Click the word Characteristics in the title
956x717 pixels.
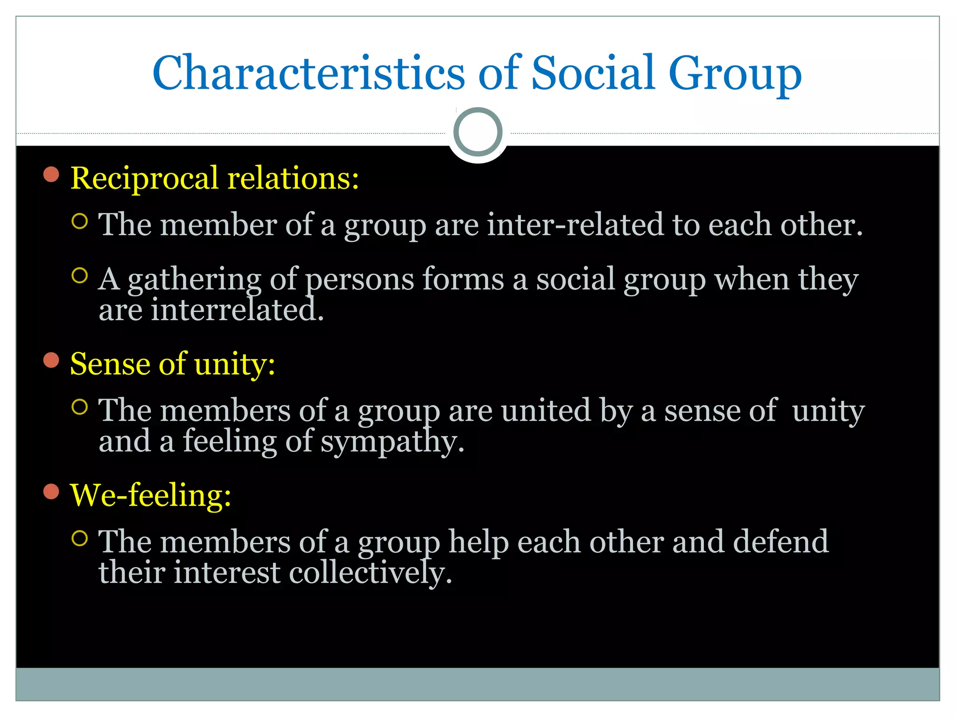pos(308,74)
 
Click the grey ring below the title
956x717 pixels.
pos(478,132)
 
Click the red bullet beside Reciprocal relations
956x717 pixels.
pos(51,175)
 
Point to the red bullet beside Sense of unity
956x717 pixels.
pos(51,360)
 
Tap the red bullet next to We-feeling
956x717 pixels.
pos(51,492)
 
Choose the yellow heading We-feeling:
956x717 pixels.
pos(150,495)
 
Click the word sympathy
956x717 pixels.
pos(392,442)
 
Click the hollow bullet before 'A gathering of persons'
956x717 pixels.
pos(80,276)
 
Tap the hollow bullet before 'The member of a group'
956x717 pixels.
pos(80,221)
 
